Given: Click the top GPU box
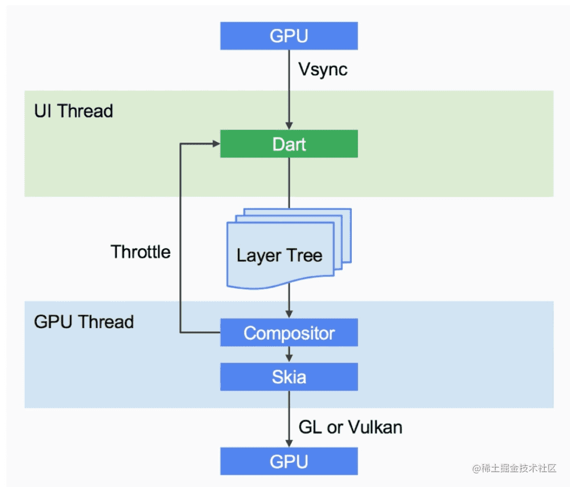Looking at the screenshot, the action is point(289,36).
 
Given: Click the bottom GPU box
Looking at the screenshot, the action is point(289,461).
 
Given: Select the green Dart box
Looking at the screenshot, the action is point(289,144).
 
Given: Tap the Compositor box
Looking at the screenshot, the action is point(289,332).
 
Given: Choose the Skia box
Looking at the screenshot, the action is point(289,377).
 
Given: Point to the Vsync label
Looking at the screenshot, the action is point(323,69).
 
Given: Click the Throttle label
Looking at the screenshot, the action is point(140,252).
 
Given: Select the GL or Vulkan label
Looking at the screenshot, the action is point(350,427).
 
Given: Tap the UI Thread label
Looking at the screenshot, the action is point(74,111).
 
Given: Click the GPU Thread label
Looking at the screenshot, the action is point(84,322).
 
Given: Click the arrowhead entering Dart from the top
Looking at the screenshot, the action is point(289,126).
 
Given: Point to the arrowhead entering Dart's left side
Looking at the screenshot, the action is point(216,144).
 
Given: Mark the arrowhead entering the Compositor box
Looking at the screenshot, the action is point(289,314).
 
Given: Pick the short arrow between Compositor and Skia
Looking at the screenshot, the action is point(289,354).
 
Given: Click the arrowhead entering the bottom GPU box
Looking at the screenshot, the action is point(289,443).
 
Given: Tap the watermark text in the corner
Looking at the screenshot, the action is point(514,468).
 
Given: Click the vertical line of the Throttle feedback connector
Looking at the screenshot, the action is point(180,238).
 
